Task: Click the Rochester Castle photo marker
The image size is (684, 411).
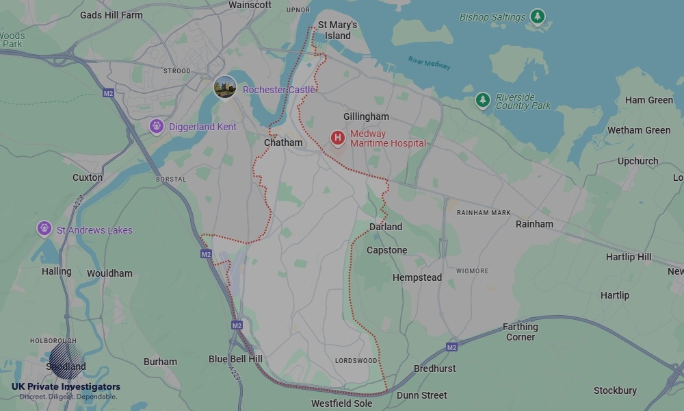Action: (224, 87)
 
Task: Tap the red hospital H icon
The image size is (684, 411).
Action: (337, 138)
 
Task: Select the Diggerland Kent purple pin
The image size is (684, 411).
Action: (157, 127)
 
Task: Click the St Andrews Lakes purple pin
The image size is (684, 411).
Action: (44, 228)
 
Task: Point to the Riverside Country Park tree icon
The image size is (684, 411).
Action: (483, 101)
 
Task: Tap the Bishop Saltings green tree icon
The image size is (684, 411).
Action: (538, 16)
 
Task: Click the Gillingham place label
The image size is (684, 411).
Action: (366, 117)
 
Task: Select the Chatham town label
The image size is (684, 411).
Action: (283, 142)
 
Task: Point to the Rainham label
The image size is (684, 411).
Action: (534, 224)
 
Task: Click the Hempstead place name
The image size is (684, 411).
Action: (417, 277)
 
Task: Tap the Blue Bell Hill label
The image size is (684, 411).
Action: (235, 359)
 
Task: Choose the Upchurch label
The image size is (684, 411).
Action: (637, 161)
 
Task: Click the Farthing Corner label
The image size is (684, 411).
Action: (520, 332)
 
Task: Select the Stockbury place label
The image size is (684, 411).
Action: (615, 390)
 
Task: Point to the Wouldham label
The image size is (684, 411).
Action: (109, 273)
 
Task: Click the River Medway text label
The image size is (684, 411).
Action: (430, 63)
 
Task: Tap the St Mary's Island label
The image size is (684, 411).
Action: (338, 30)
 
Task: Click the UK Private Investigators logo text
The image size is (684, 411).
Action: (66, 387)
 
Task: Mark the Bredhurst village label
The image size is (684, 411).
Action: (435, 369)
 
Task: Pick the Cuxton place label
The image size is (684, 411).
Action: (88, 177)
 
